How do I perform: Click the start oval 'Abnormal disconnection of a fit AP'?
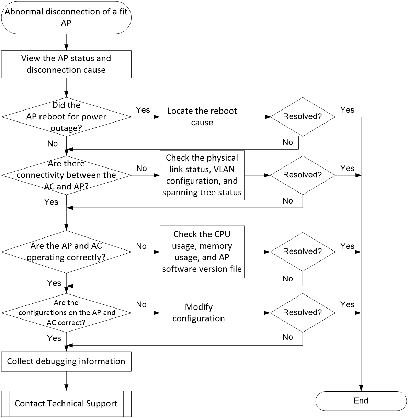click(66, 18)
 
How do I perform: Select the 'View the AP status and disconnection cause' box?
click(66, 64)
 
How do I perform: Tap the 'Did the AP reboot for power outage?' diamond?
click(66, 117)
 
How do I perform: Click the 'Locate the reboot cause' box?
click(202, 117)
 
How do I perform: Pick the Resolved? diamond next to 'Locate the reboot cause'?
click(303, 117)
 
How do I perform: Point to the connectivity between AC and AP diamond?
click(66, 175)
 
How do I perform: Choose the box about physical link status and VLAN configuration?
click(202, 175)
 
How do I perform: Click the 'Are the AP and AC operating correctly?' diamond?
click(66, 252)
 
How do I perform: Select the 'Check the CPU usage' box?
click(202, 252)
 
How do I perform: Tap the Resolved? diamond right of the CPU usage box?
click(303, 252)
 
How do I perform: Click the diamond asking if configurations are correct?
click(66, 313)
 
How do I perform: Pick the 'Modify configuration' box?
click(199, 313)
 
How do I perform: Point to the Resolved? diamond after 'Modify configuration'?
click(303, 313)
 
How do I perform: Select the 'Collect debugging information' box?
click(66, 361)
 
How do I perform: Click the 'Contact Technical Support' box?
click(66, 404)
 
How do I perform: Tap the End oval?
click(361, 401)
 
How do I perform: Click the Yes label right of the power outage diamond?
click(143, 110)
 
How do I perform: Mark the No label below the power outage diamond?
click(53, 143)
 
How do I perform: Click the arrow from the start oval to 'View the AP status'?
click(66, 42)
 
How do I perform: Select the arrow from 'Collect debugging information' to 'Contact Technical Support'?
click(66, 381)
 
